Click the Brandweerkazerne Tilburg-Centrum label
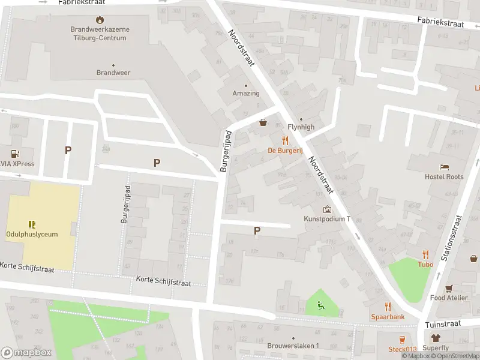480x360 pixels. (100, 34)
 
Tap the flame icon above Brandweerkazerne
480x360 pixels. (100, 20)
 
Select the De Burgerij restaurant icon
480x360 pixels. (286, 141)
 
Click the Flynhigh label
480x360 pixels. (301, 127)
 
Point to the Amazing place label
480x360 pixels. (246, 94)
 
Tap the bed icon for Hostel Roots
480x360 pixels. (444, 167)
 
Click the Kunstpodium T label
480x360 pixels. (327, 219)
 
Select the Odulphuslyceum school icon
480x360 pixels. (32, 224)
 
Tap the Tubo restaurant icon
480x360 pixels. (425, 254)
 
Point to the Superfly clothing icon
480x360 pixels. (436, 338)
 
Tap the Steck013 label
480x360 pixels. (402, 349)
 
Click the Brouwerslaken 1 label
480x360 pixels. (293, 346)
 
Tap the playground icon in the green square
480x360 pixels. (322, 306)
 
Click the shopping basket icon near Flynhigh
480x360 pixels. (263, 123)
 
